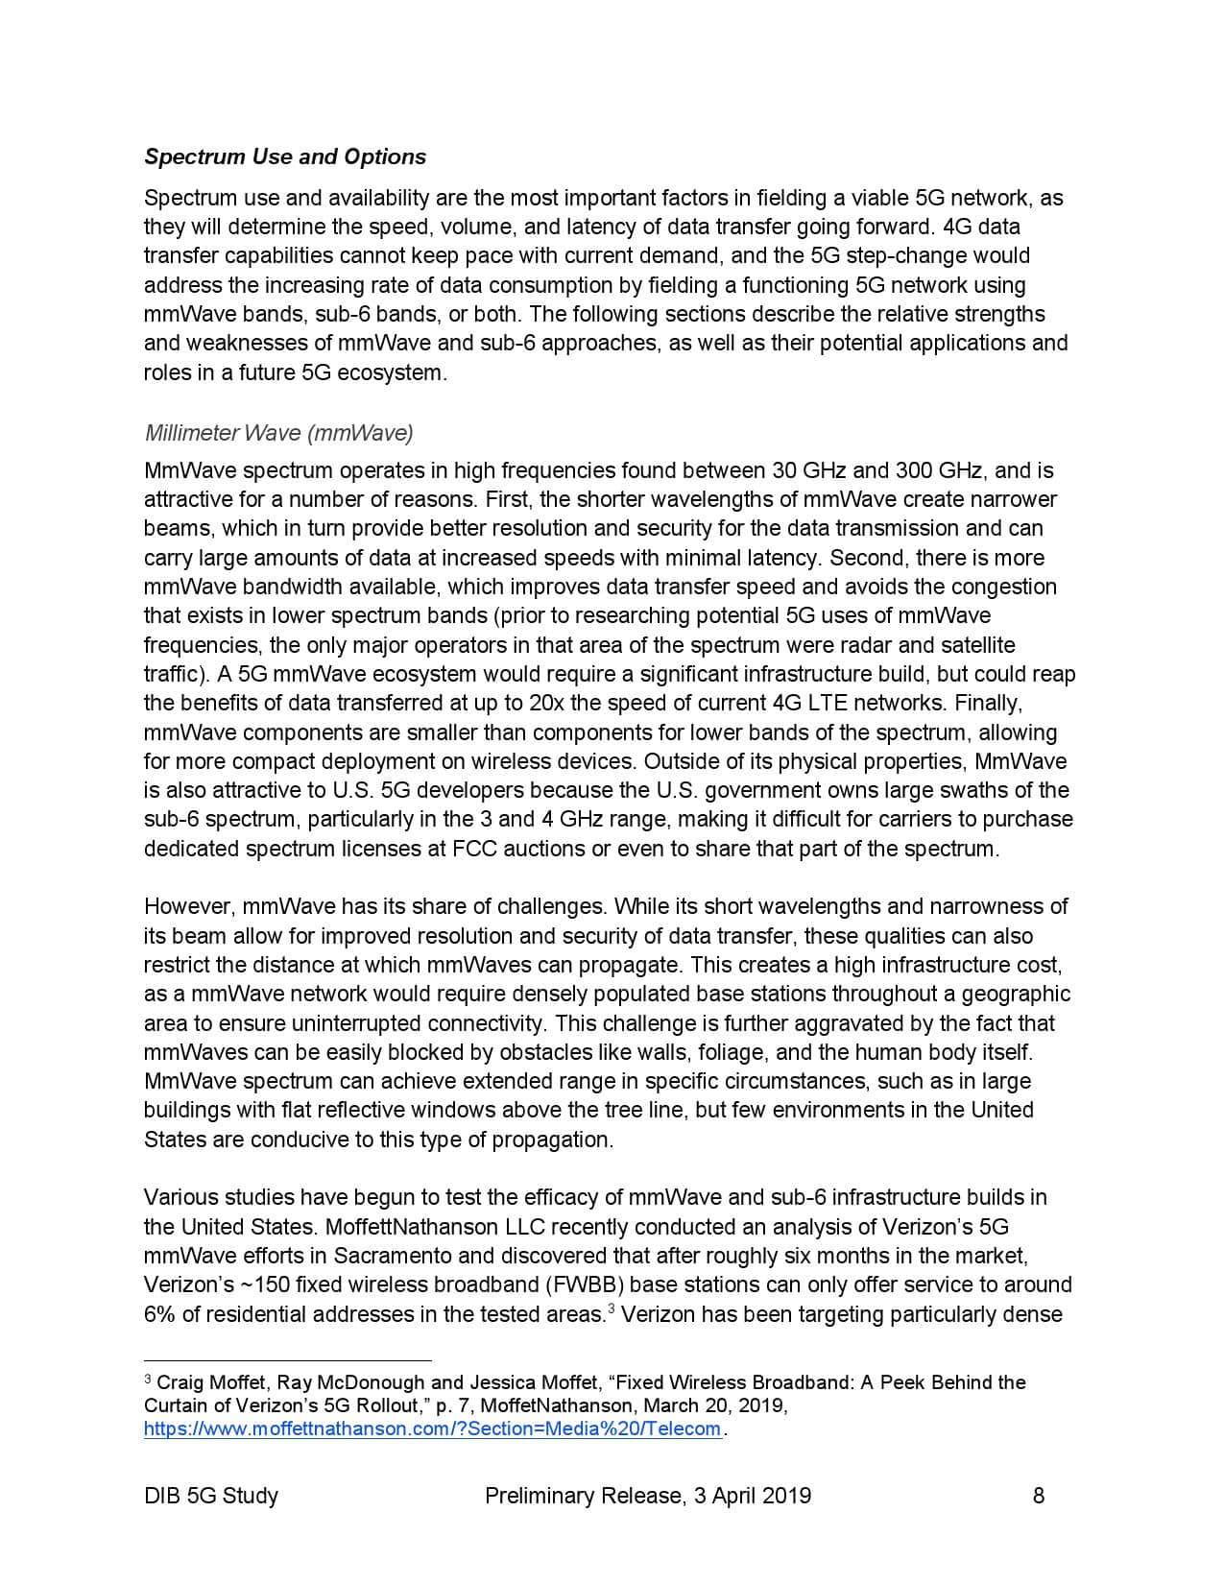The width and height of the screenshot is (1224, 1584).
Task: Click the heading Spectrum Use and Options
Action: [285, 156]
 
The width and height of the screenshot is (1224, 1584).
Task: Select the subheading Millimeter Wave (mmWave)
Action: [278, 433]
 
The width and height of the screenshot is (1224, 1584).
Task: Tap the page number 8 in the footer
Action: [1038, 1495]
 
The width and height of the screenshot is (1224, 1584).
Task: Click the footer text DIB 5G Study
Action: [211, 1495]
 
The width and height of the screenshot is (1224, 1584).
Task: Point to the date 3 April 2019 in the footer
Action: [750, 1495]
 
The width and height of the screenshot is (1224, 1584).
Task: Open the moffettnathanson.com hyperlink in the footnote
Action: [432, 1428]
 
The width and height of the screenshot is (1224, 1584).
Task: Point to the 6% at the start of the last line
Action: [159, 1314]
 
